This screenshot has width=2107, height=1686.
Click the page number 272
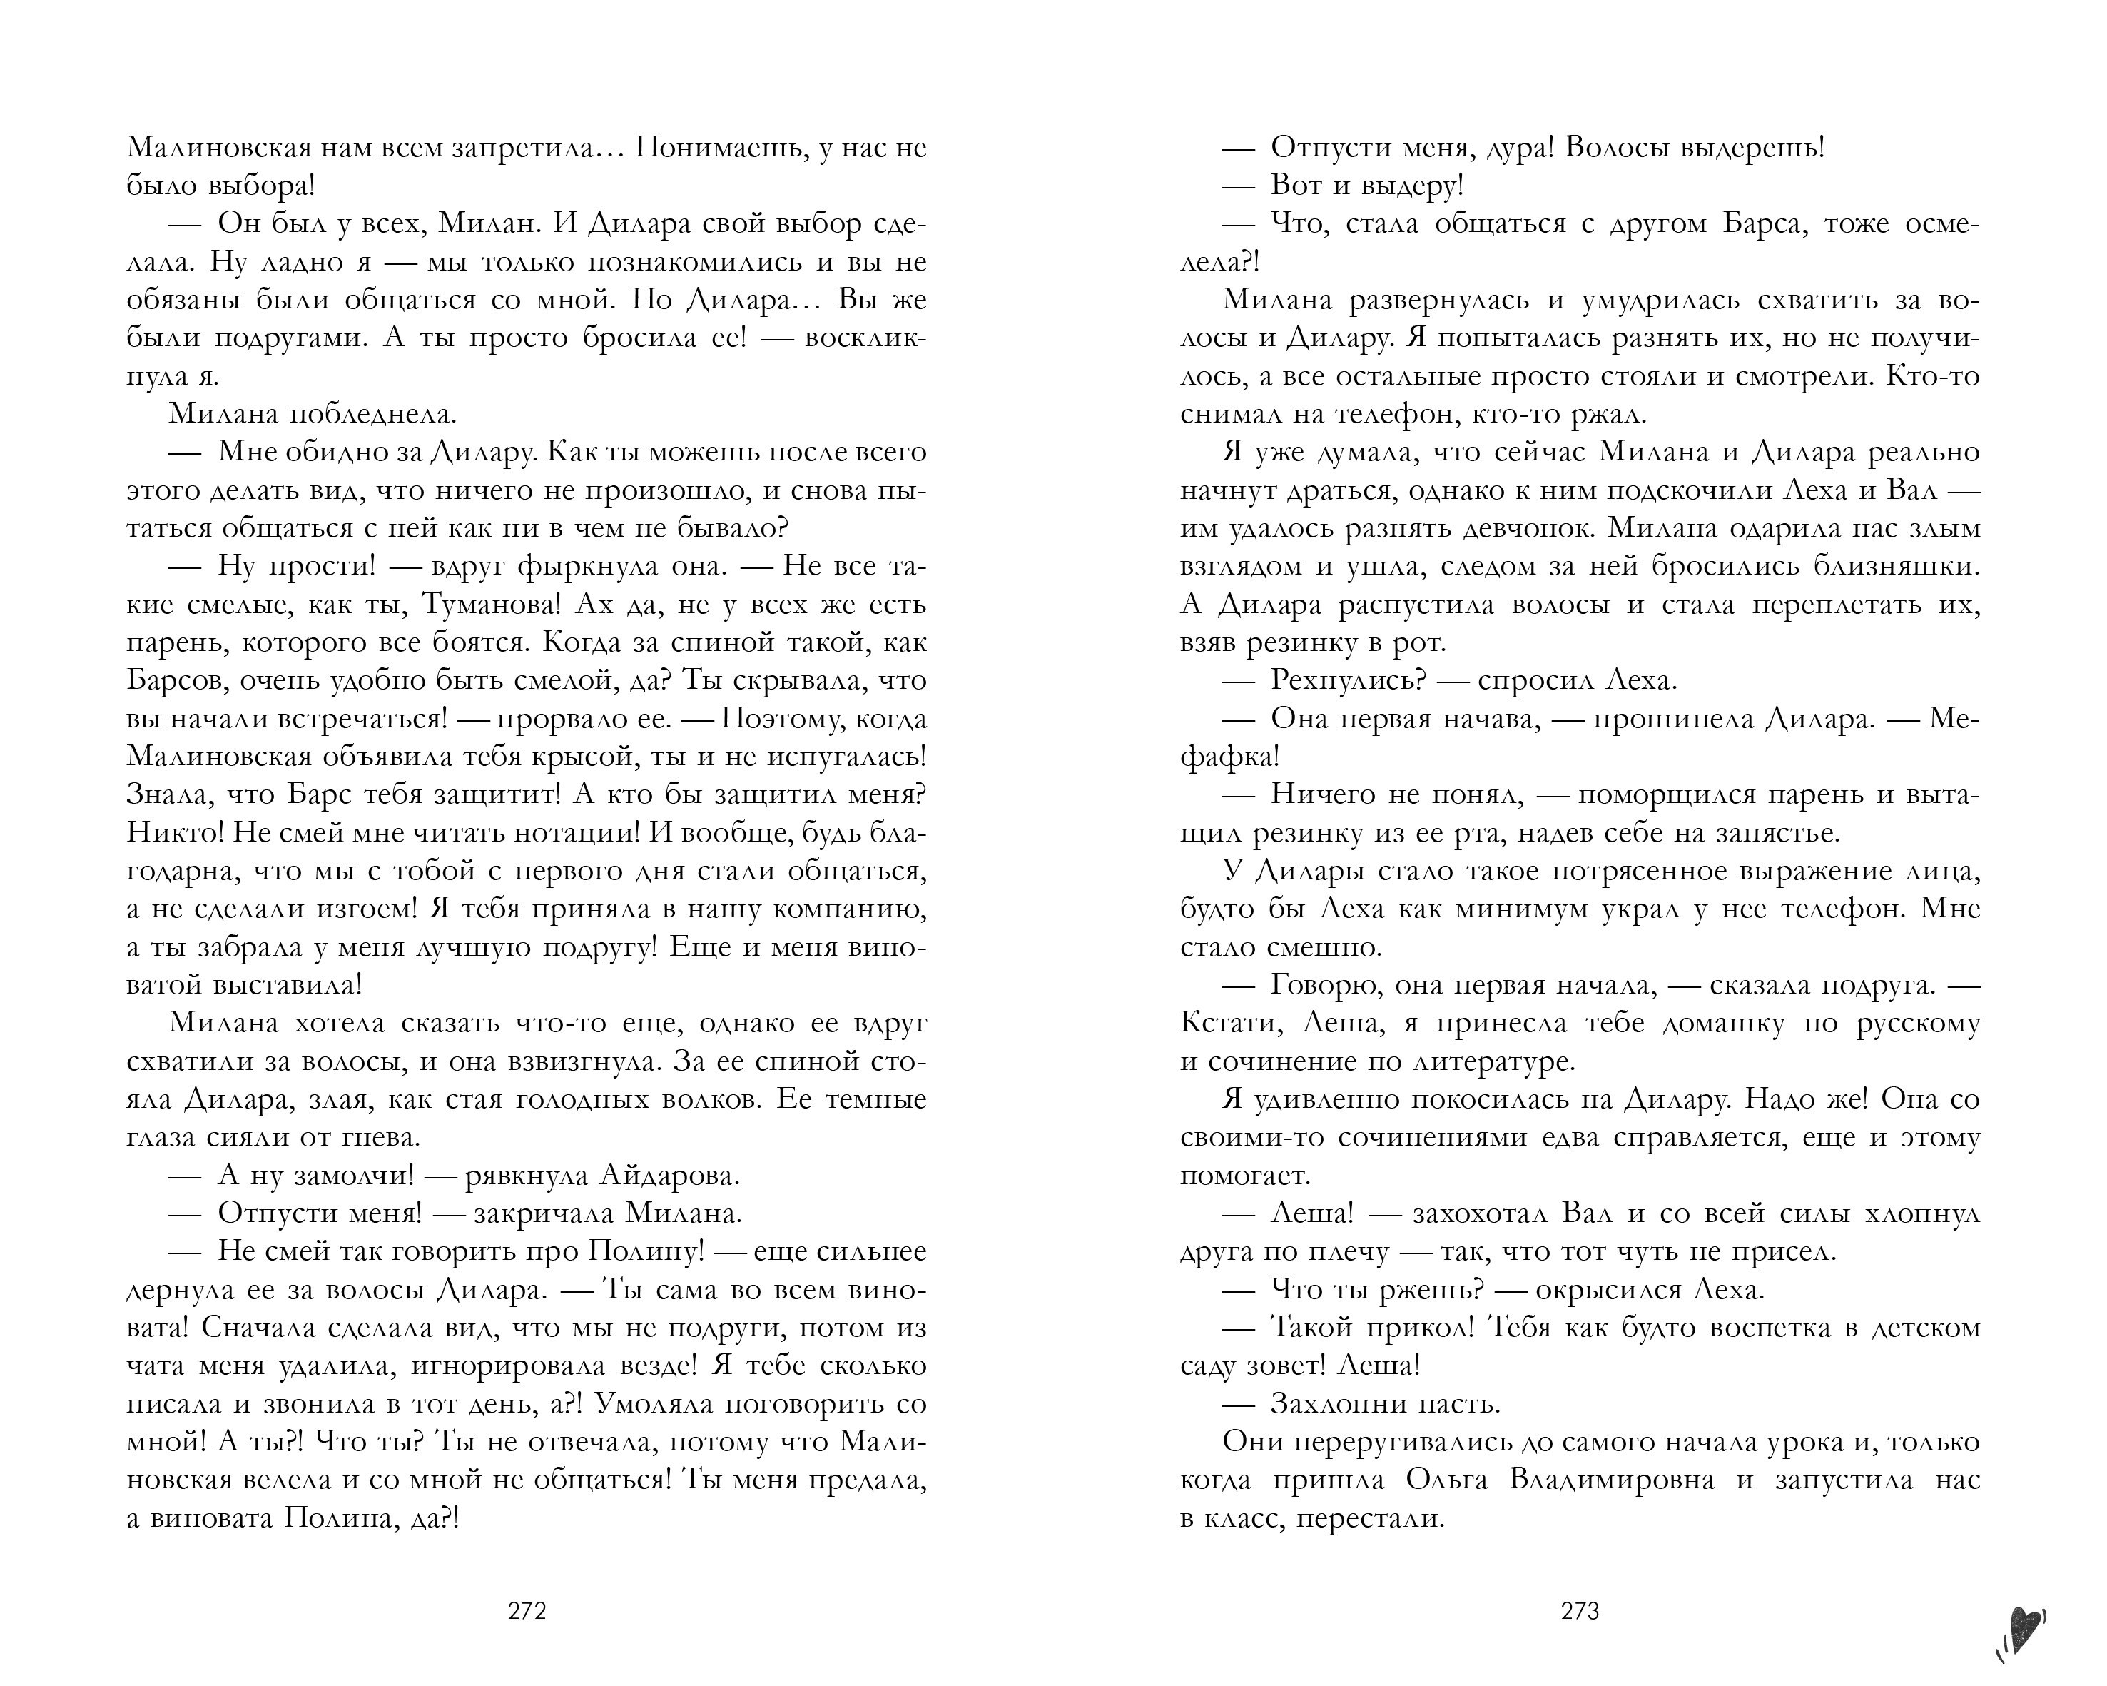(x=527, y=1612)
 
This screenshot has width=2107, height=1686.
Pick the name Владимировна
(x=1612, y=1480)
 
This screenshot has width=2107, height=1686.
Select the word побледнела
(x=371, y=415)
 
